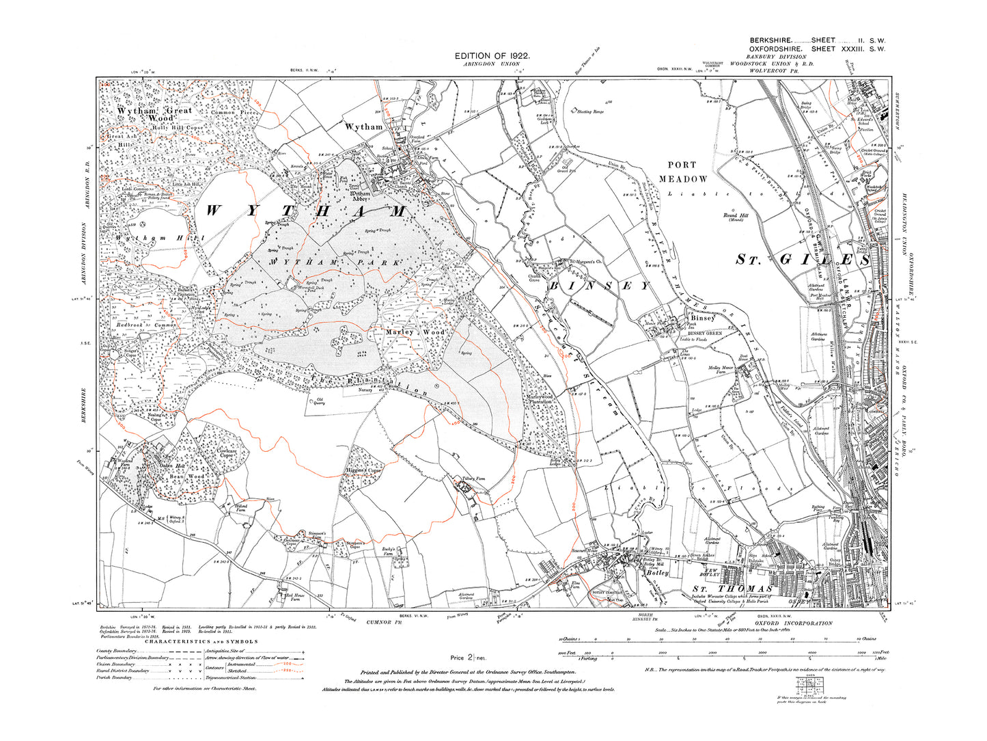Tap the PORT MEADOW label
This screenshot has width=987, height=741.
pyautogui.click(x=682, y=172)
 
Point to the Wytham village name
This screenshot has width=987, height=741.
pyautogui.click(x=363, y=127)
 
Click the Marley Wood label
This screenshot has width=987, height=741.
pyautogui.click(x=415, y=332)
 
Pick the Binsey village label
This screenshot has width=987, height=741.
pyautogui.click(x=702, y=319)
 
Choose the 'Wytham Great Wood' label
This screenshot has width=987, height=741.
pyautogui.click(x=156, y=113)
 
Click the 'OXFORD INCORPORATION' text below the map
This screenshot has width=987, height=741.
pyautogui.click(x=792, y=623)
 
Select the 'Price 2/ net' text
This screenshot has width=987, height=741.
pyautogui.click(x=468, y=658)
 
